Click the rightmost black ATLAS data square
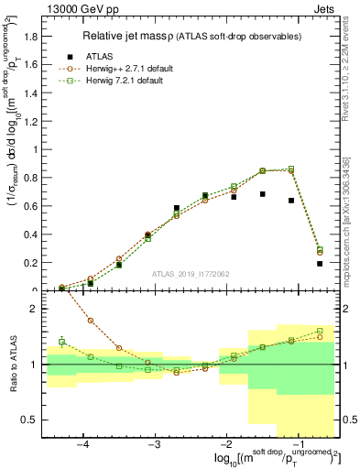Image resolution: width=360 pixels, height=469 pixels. click(x=320, y=264)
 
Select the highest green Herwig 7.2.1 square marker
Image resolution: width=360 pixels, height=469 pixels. click(x=291, y=169)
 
